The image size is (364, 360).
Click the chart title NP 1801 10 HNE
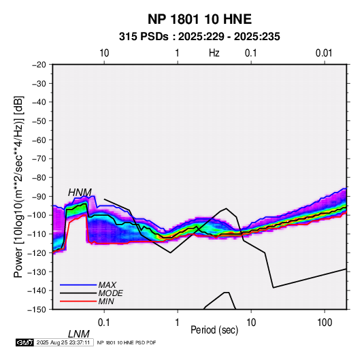click(x=199, y=19)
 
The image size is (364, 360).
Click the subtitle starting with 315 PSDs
click(x=199, y=37)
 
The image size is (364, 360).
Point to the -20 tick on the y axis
click(x=39, y=65)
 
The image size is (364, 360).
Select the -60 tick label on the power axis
click(x=39, y=140)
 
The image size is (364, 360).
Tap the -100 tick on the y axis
click(x=37, y=215)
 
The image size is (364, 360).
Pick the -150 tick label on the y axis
click(x=37, y=310)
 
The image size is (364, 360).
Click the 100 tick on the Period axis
click(x=325, y=323)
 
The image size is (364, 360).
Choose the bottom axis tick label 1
click(x=178, y=323)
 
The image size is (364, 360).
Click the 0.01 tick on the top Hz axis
click(x=324, y=53)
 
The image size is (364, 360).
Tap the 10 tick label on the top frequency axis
click(x=104, y=53)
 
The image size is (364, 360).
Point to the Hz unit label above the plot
click(x=214, y=53)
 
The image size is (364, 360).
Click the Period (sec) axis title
click(x=214, y=330)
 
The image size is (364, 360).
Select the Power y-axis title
click(x=18, y=186)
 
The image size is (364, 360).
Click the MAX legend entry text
click(x=107, y=284)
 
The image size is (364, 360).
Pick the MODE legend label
click(x=110, y=293)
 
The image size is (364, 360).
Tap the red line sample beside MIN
click(x=78, y=301)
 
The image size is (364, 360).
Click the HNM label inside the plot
click(x=80, y=193)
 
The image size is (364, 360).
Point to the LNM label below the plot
click(x=79, y=334)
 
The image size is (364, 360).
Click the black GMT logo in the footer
click(x=25, y=342)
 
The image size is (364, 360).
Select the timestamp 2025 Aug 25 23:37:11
click(x=63, y=342)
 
